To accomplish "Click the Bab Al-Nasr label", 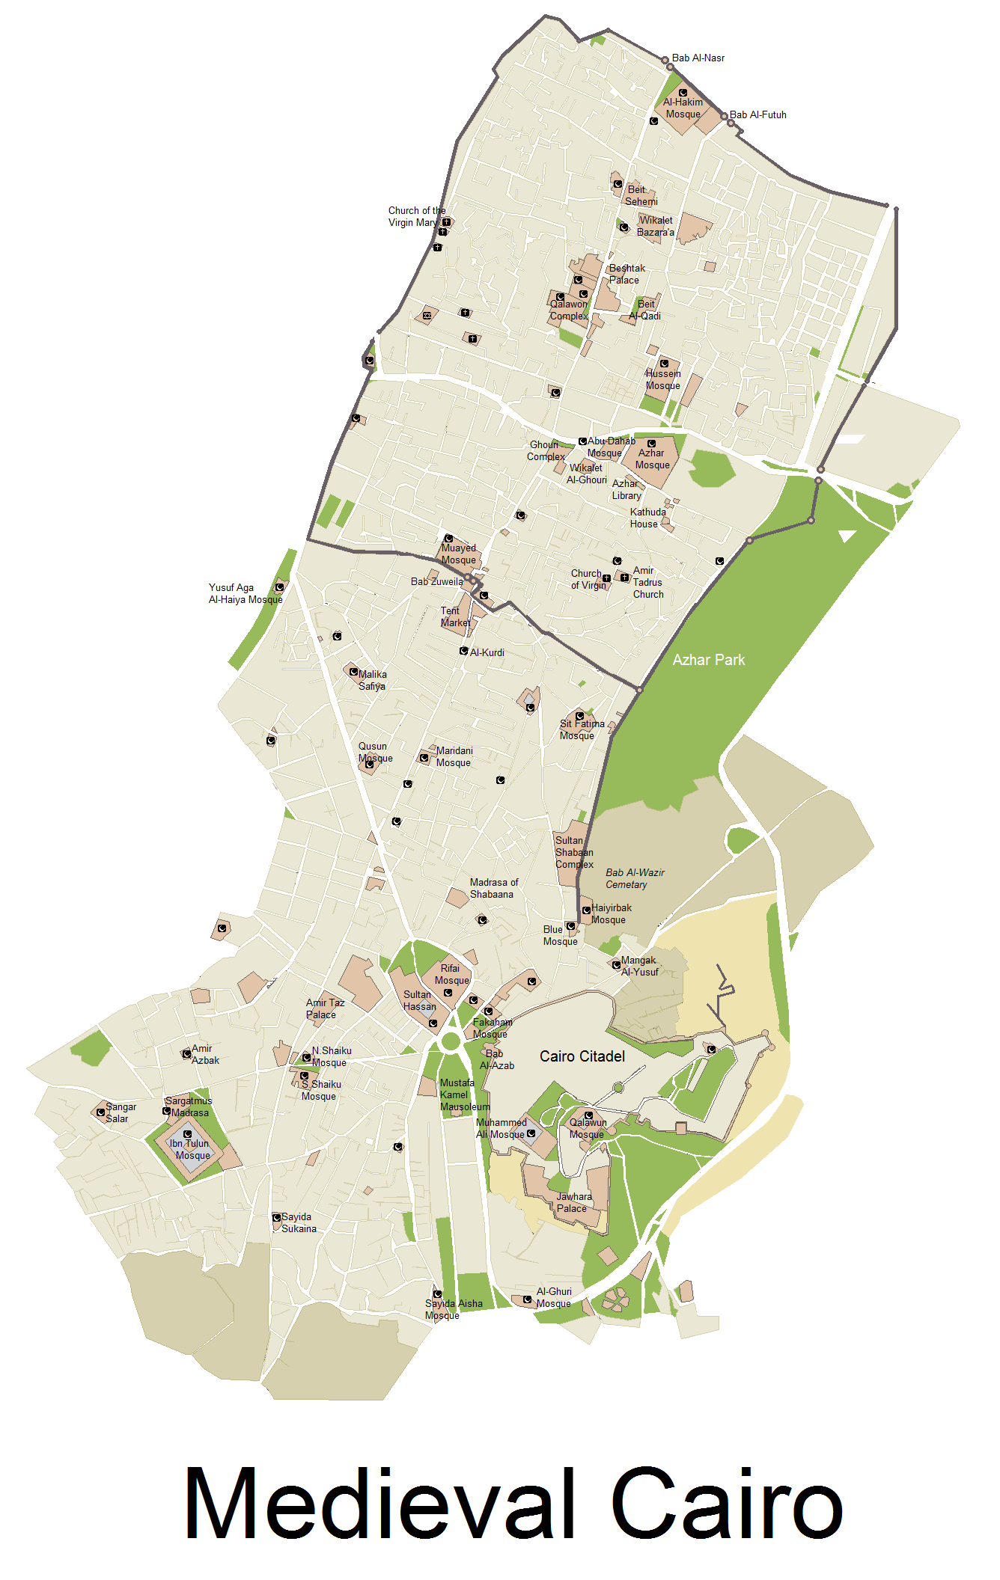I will (698, 58).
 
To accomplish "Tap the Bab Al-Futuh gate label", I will (757, 115).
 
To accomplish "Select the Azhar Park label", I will (708, 660).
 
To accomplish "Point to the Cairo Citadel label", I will (582, 1056).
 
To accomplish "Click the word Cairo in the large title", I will (727, 1504).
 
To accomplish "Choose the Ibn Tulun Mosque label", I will (190, 1149).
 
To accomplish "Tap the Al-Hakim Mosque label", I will (683, 108).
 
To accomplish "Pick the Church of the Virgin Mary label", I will (416, 217).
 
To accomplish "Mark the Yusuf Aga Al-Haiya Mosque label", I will (246, 594).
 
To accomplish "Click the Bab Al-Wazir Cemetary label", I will (635, 878).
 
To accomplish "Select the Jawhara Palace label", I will (573, 1202).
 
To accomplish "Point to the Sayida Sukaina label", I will (299, 1222).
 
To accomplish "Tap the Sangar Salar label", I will (120, 1112).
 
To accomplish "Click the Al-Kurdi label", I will (487, 652).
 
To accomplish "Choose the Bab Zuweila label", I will (436, 582).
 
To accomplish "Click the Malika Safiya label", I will (372, 680).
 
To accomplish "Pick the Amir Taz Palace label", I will (325, 1008).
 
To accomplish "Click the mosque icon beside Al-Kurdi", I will (464, 651).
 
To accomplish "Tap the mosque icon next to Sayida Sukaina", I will (276, 1217).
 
